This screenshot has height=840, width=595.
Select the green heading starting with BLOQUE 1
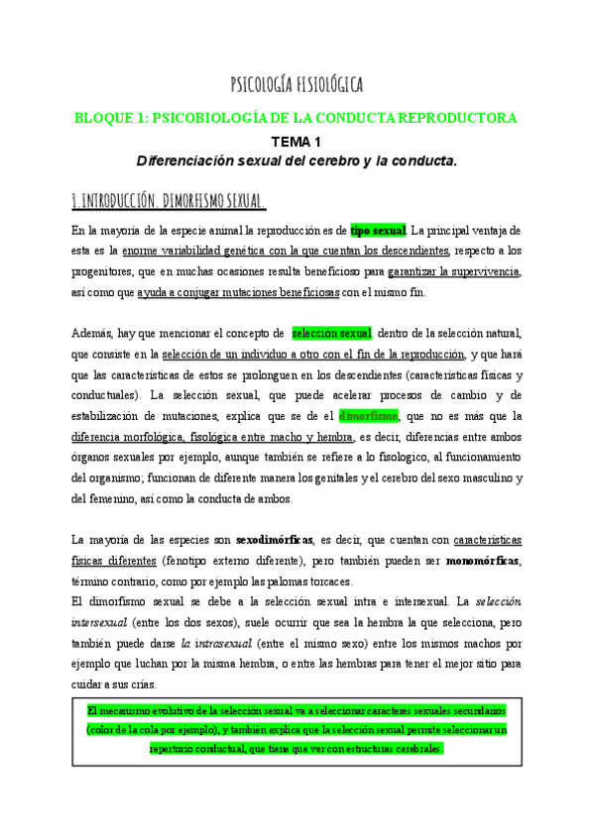[297, 118]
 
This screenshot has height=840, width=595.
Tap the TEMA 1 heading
[297, 142]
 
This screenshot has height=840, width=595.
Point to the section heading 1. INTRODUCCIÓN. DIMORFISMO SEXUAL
[169, 203]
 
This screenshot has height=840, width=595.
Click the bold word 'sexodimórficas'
[275, 540]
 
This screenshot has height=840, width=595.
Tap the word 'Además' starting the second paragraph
[92, 333]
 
